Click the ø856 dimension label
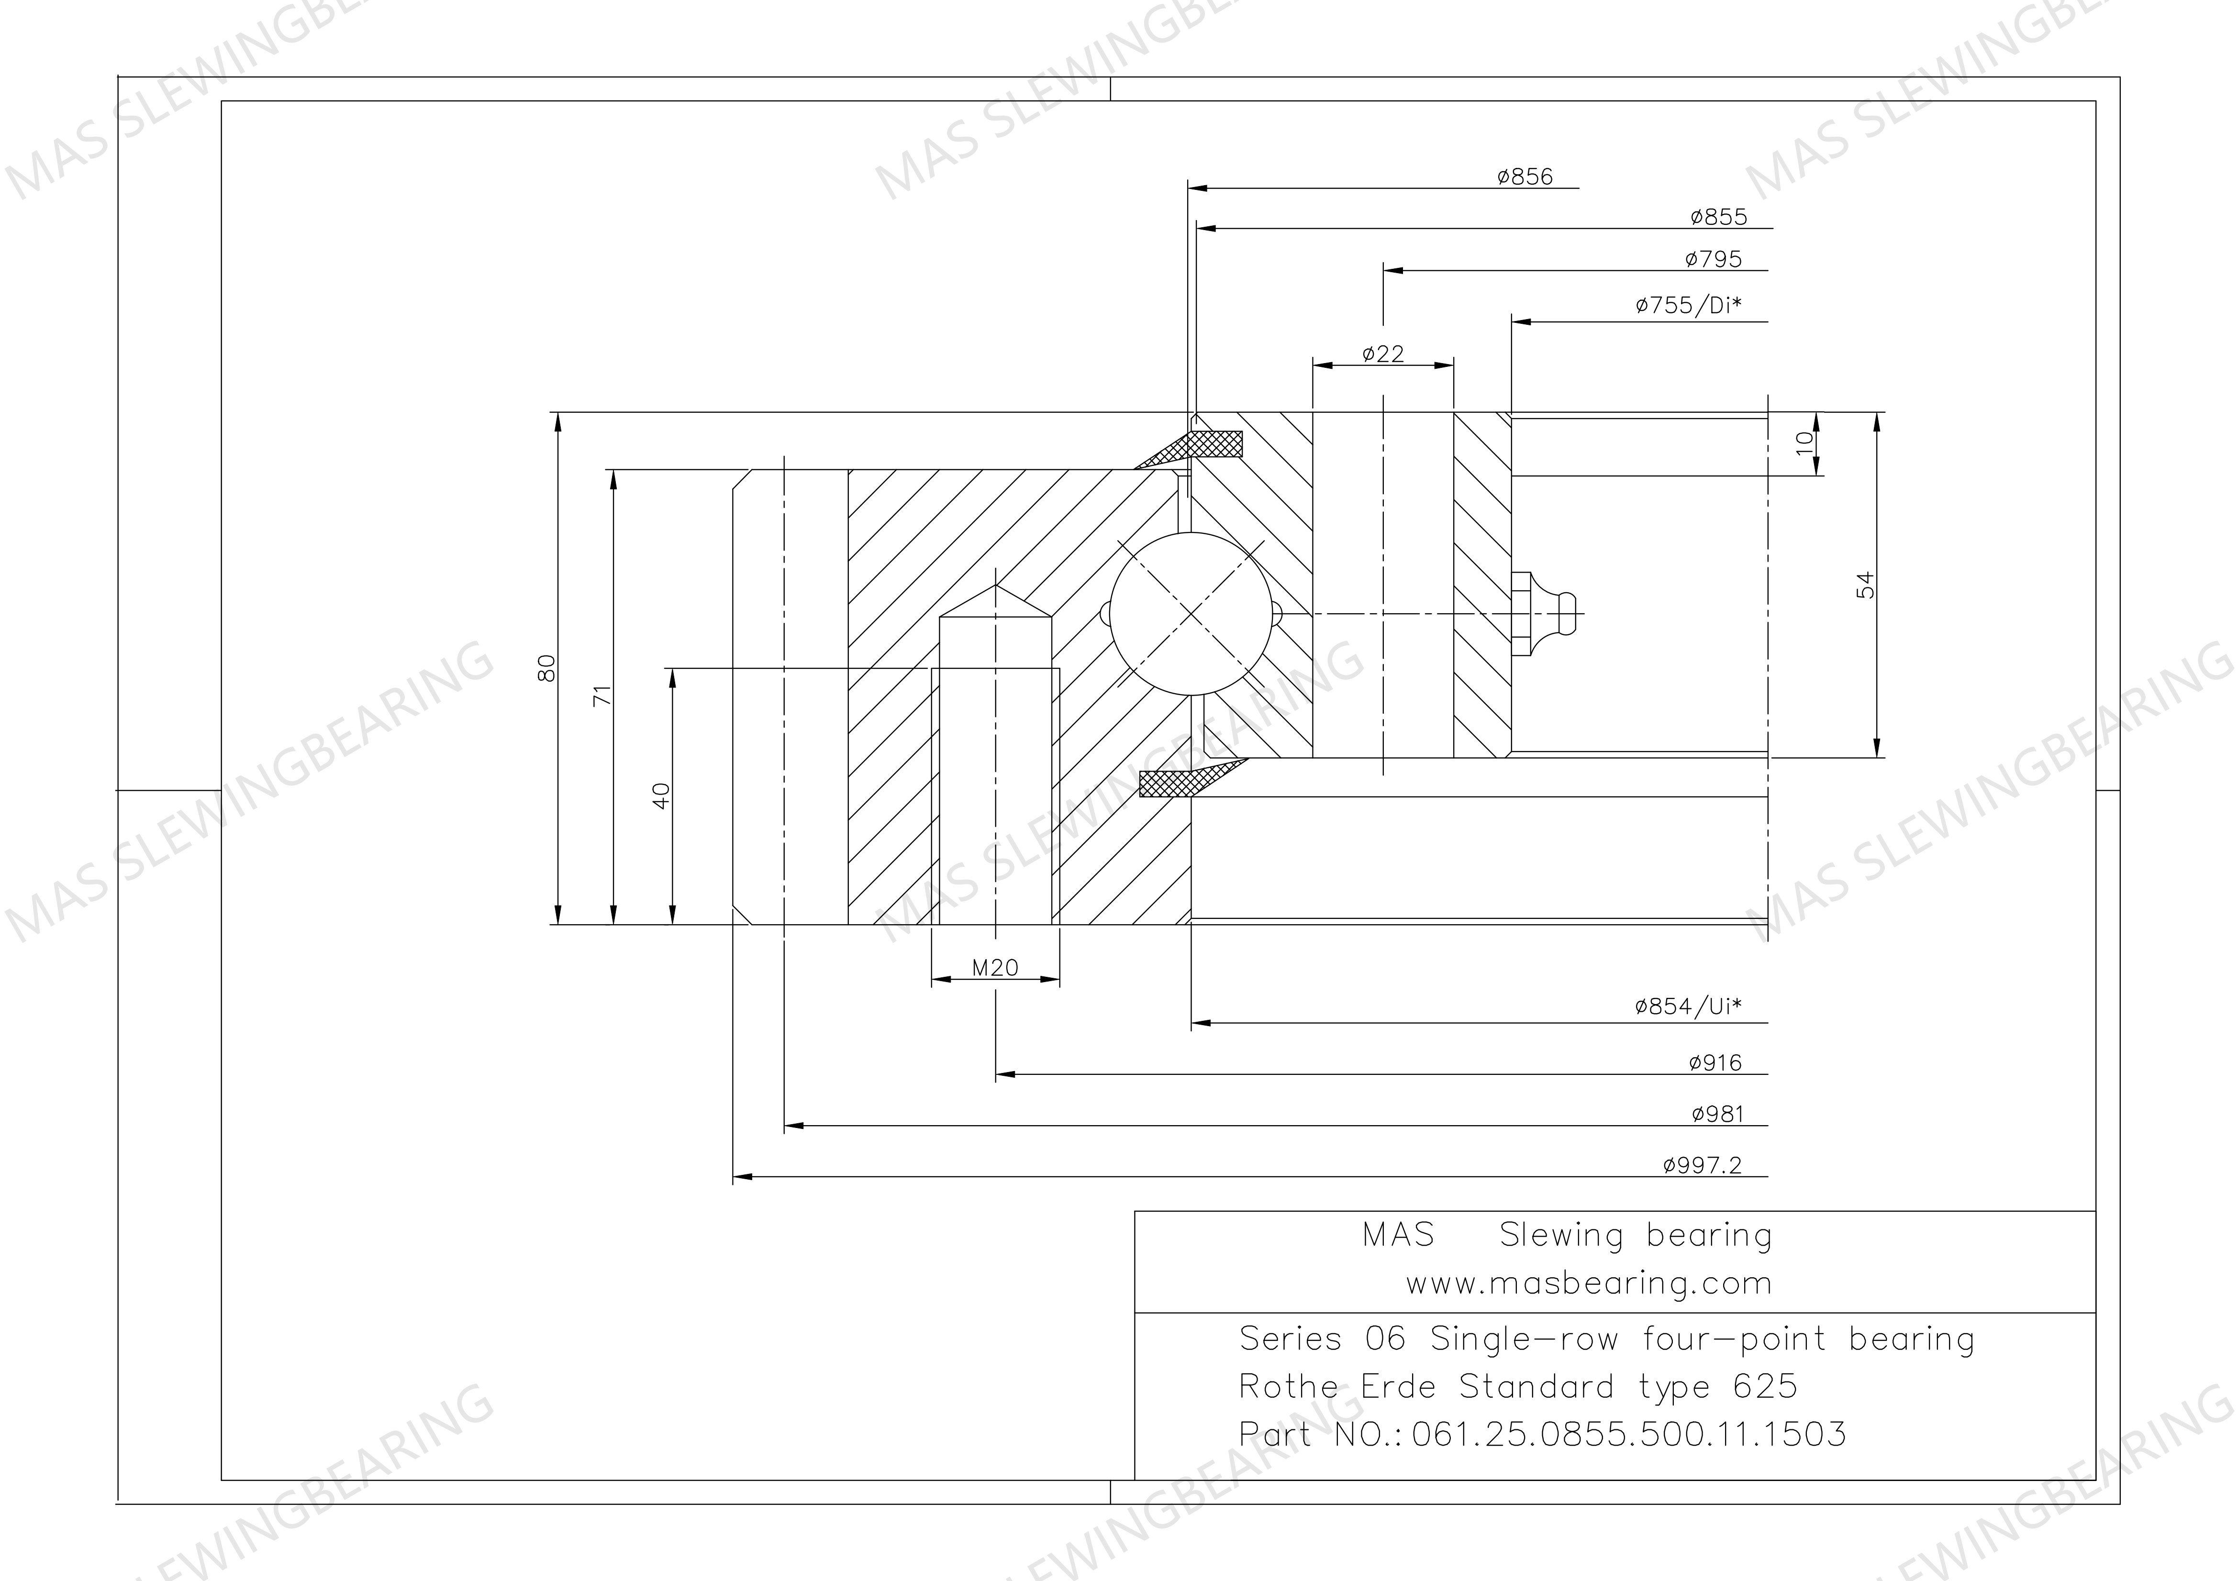pyautogui.click(x=1525, y=177)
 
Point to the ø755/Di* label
pyautogui.click(x=1688, y=305)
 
